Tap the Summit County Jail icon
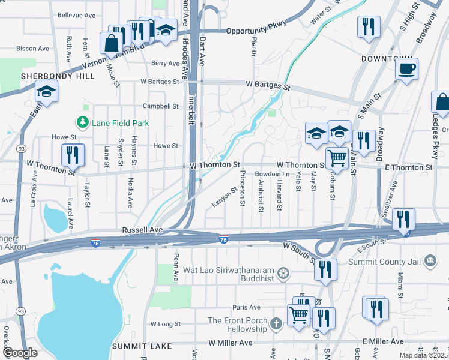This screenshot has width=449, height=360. (x=429, y=260)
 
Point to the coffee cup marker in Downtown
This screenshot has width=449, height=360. (x=407, y=69)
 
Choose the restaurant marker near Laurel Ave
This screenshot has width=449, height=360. (x=73, y=155)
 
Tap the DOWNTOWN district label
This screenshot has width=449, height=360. (x=387, y=59)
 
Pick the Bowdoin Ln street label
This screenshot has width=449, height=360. (x=268, y=174)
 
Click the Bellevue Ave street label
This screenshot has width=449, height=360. (x=76, y=14)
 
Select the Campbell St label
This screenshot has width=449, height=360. (x=161, y=106)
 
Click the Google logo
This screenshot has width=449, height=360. (x=19, y=353)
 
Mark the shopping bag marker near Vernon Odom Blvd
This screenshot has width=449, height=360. (x=112, y=44)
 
